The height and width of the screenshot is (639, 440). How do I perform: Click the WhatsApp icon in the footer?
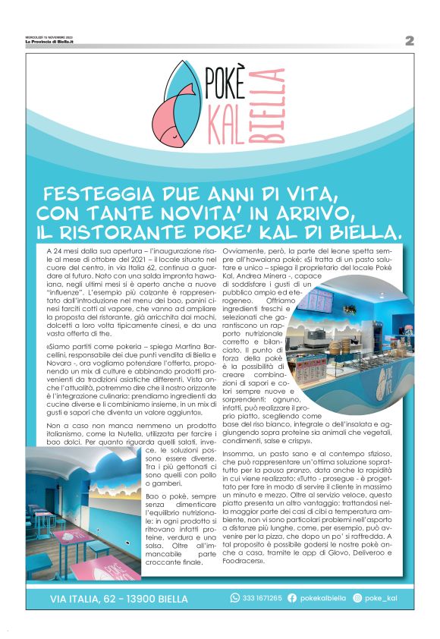click(235, 598)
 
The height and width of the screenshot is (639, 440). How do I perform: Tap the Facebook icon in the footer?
click(292, 598)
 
